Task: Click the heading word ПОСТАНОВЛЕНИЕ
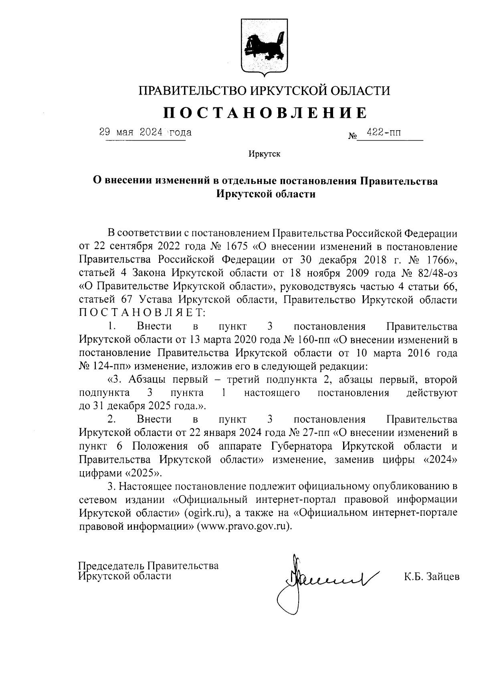coord(264,113)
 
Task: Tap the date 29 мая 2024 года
coord(146,132)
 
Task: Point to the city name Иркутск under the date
coord(264,154)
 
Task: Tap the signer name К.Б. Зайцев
coord(431,577)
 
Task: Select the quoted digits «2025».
coord(144,473)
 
